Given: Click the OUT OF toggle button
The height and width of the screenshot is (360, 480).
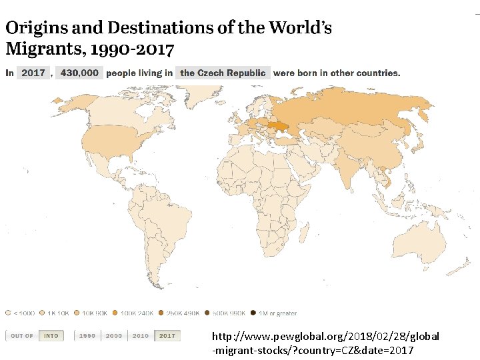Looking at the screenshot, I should pos(22,335).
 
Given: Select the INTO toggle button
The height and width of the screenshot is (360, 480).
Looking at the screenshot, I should pos(51,335).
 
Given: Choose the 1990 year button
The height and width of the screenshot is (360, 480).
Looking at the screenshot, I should pos(87,335).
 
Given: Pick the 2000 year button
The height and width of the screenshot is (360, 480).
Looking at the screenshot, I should pos(114,335).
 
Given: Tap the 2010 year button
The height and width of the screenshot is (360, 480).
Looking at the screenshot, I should pos(141,335).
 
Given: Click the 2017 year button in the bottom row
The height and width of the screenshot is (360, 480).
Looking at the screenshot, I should pos(167,335).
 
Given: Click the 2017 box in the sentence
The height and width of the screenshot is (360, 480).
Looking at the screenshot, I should pos(33,73).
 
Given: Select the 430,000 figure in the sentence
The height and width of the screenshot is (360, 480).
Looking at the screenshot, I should pos(79,73).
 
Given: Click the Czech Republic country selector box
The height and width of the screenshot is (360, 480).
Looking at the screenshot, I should pos(223,73).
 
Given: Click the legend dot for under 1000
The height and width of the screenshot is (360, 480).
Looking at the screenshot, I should pos(8,313).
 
